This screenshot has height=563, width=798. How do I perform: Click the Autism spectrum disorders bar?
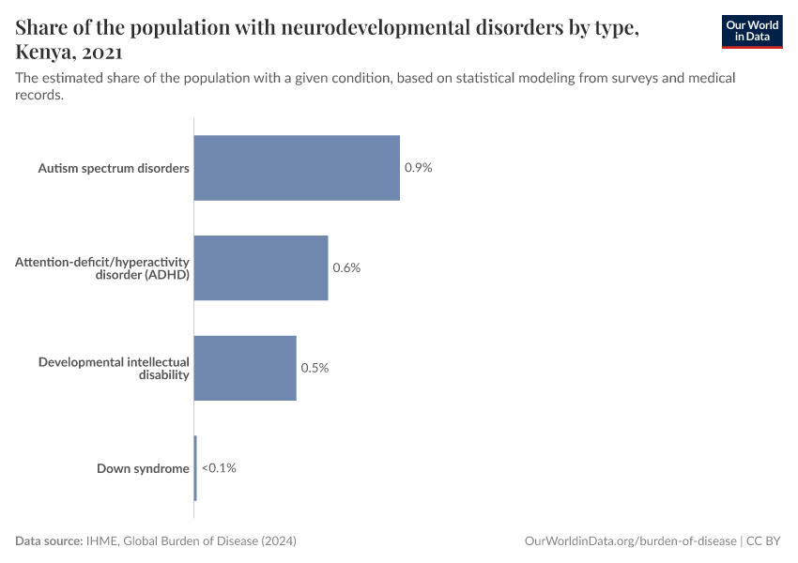tap(297, 168)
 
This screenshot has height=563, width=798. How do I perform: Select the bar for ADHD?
tap(261, 267)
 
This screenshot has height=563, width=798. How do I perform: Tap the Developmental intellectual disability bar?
tap(245, 368)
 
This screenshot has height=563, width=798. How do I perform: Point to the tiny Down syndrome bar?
tap(195, 467)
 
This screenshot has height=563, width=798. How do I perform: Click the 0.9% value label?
tap(418, 168)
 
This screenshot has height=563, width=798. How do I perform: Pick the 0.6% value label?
tap(346, 267)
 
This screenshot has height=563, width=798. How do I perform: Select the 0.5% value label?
tap(315, 368)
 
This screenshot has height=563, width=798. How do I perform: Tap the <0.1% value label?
tap(219, 467)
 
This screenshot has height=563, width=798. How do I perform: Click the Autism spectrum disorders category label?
tap(114, 168)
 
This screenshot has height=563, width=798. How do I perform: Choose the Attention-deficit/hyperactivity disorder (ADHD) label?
tap(102, 267)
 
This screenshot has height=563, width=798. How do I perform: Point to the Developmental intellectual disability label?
tap(114, 368)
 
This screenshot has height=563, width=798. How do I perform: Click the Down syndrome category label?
tap(143, 467)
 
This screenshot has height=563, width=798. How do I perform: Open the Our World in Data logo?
tap(752, 31)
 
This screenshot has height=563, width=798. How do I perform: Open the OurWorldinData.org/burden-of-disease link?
tap(630, 541)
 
